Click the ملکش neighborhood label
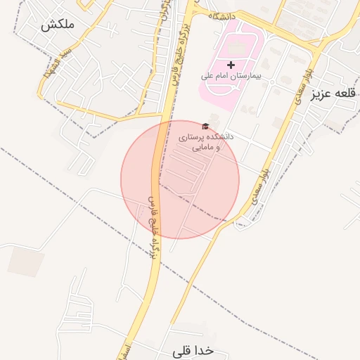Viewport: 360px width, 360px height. [x=58, y=25]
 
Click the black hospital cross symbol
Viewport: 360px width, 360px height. [x=231, y=65]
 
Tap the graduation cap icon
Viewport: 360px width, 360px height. [x=205, y=127]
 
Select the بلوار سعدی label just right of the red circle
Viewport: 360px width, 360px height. [x=259, y=186]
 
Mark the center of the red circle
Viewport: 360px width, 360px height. [x=180, y=179]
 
